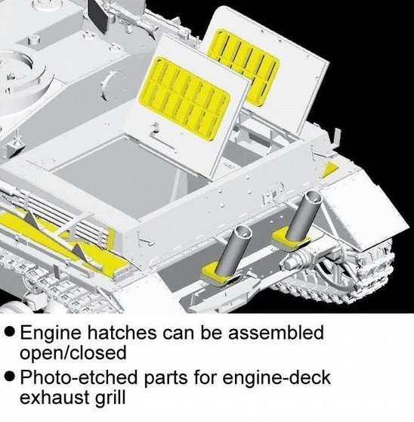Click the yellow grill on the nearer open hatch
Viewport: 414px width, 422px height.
coord(184,98)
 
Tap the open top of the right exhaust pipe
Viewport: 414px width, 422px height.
coord(312,198)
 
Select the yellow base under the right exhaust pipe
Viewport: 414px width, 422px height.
coord(290,239)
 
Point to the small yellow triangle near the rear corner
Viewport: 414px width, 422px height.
coord(330,170)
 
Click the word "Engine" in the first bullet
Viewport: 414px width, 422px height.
coord(51,333)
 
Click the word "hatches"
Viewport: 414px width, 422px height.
coord(122,332)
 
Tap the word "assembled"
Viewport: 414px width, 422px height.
coord(276,332)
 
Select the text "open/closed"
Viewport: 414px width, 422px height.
coord(73,353)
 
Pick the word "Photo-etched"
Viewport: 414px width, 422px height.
coord(79,377)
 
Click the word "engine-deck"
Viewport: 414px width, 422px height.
coord(277,378)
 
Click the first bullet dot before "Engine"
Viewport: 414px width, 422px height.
coord(9,332)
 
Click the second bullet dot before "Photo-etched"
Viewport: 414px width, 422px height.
coord(9,377)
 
